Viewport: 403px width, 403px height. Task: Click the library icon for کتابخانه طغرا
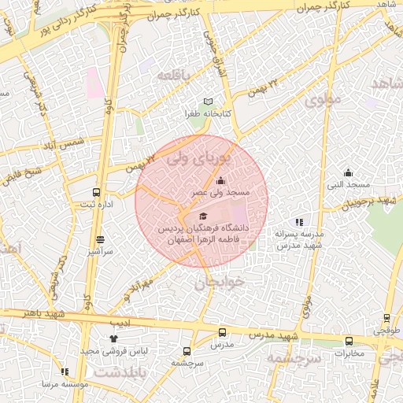click(x=208, y=102)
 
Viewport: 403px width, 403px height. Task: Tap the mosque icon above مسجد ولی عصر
click(x=220, y=181)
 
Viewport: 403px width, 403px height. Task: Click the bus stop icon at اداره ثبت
click(x=97, y=192)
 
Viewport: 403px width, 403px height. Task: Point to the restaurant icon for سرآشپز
click(x=100, y=239)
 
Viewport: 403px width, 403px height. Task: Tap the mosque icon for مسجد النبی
click(x=349, y=172)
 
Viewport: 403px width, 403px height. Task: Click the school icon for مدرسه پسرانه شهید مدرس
click(x=298, y=223)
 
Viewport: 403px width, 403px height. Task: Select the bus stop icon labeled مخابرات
click(x=349, y=341)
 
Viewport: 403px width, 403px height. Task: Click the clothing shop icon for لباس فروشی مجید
click(x=113, y=338)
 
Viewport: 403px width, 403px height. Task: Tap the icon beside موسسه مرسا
click(x=65, y=372)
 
